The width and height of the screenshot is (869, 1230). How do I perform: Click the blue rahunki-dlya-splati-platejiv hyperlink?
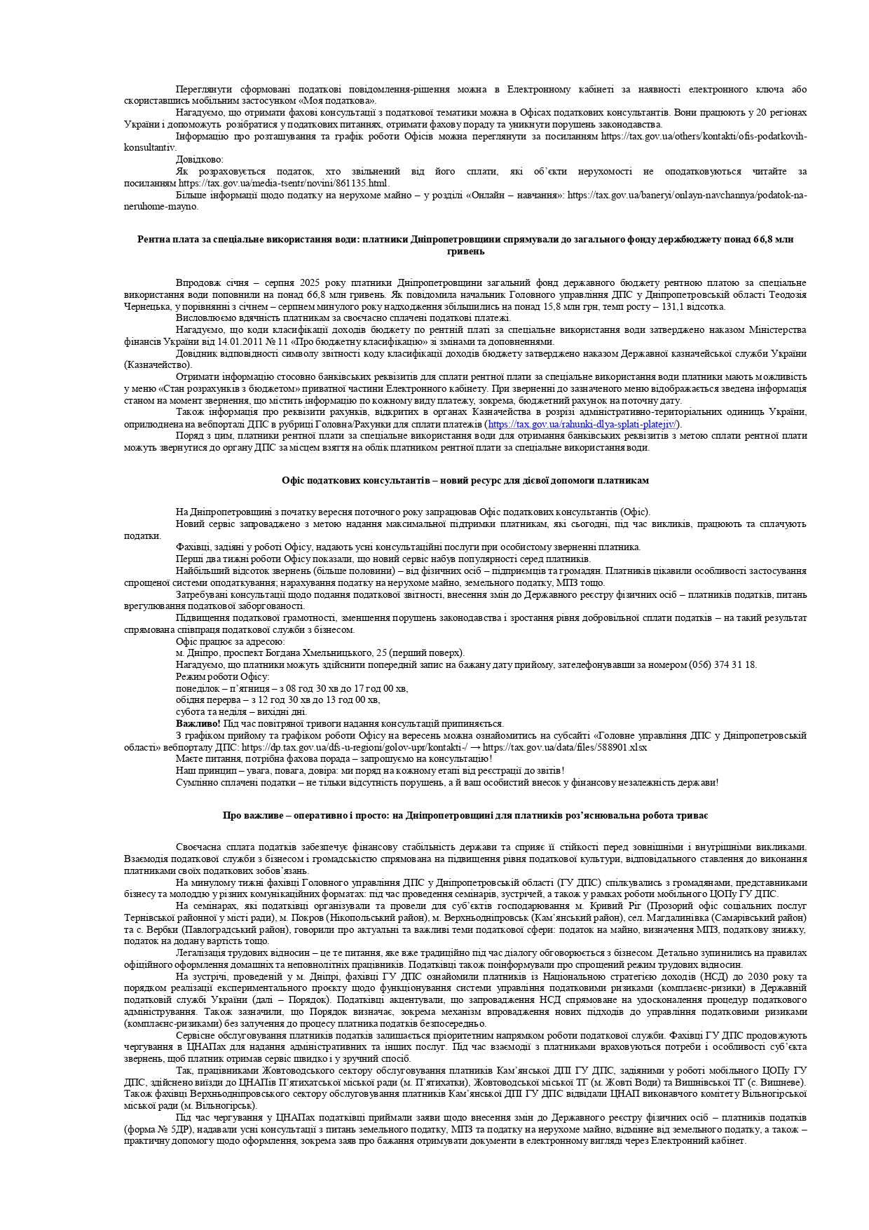coord(582,424)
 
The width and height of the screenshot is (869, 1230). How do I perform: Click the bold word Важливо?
coord(198,723)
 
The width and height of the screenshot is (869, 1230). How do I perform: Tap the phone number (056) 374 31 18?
coord(723,664)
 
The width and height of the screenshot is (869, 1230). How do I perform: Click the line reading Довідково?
coord(199,159)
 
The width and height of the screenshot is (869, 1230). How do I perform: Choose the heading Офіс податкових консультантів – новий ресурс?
coord(465,481)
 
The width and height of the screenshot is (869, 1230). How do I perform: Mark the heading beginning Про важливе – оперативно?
coord(465,816)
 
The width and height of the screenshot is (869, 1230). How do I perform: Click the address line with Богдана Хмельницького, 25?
coord(320,652)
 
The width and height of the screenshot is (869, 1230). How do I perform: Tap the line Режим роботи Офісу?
coord(222,676)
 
